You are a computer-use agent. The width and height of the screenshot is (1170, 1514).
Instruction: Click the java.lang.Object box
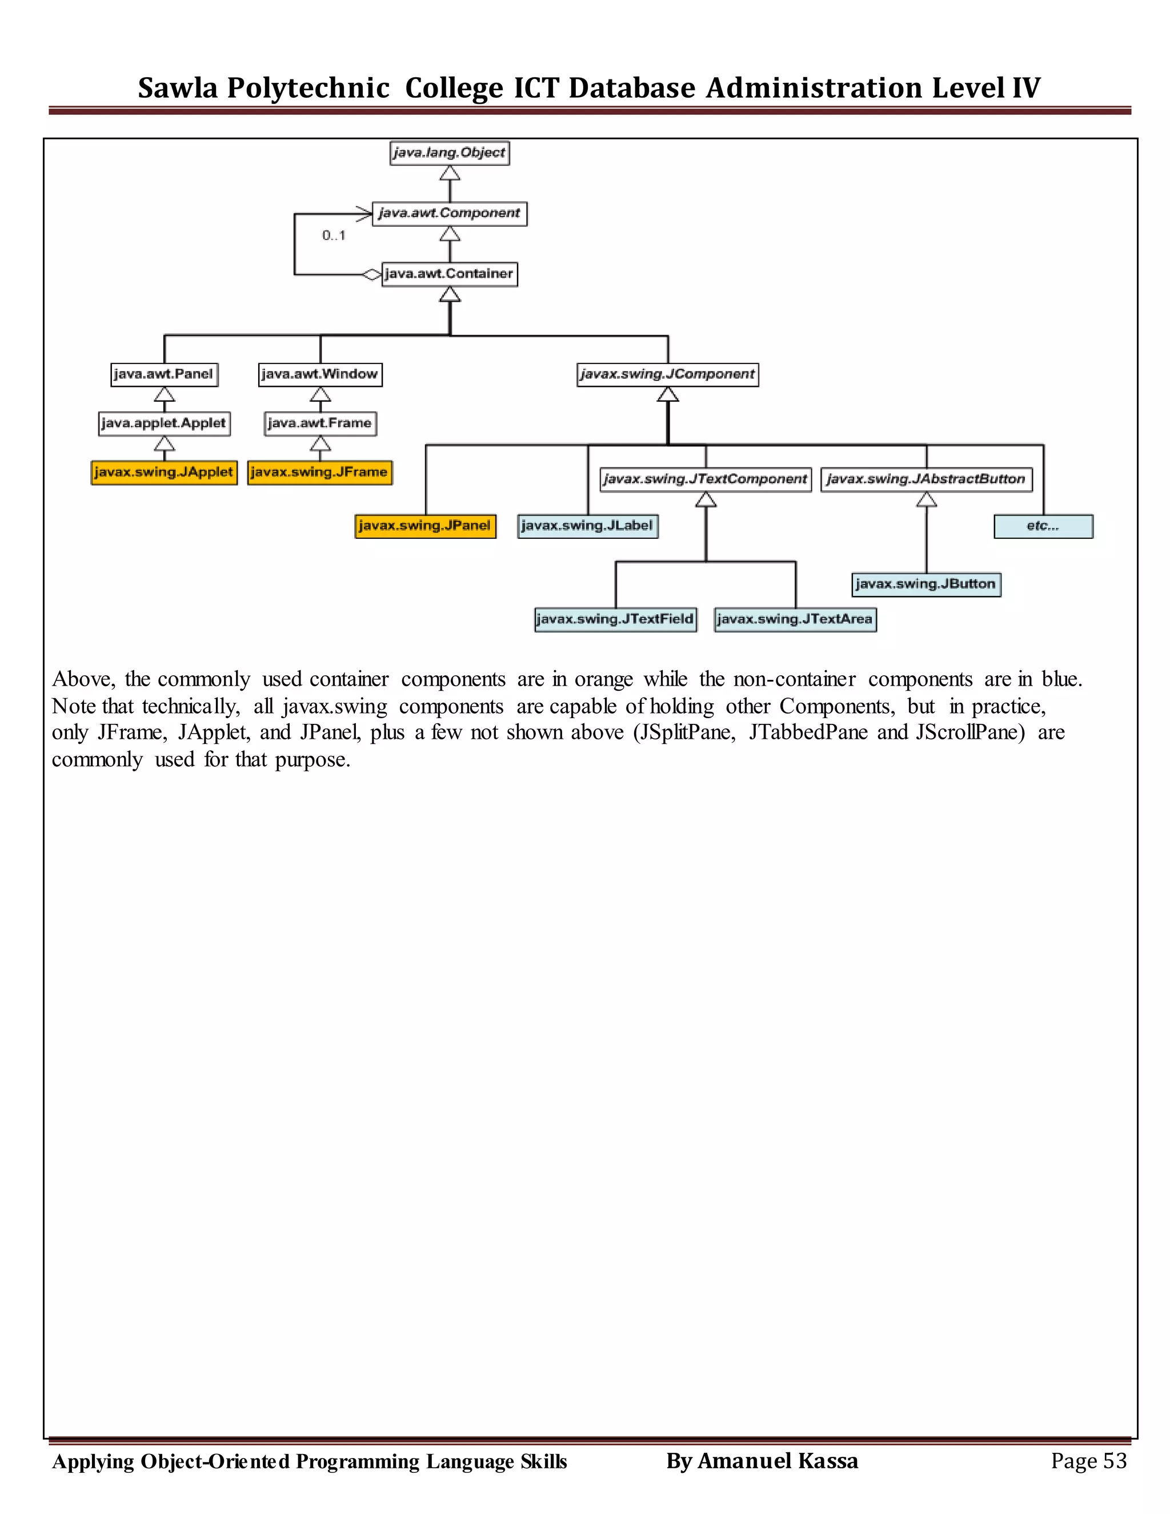pos(449,153)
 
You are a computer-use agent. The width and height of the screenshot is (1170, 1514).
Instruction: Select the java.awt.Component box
pos(449,213)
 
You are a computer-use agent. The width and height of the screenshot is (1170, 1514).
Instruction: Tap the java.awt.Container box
pos(449,274)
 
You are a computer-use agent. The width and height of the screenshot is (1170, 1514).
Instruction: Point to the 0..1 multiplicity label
pos(334,236)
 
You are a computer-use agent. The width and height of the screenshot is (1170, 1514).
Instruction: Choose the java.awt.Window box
pos(319,374)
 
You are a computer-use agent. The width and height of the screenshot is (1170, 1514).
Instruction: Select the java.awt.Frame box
pos(319,423)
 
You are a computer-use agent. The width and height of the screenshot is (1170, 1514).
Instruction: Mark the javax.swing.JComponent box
pos(667,374)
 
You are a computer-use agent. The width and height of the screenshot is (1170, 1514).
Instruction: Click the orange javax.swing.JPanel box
pos(425,526)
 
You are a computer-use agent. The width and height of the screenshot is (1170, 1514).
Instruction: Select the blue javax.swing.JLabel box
pos(587,526)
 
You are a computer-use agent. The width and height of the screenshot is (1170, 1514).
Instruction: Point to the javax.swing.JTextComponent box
pos(706,479)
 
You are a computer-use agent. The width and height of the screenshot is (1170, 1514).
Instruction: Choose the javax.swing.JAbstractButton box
pos(926,479)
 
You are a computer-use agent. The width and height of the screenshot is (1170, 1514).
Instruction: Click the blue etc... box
pos(1043,526)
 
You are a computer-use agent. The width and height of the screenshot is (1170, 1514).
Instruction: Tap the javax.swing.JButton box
pos(926,584)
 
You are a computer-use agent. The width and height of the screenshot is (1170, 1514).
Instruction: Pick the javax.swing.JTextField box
pos(615,619)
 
